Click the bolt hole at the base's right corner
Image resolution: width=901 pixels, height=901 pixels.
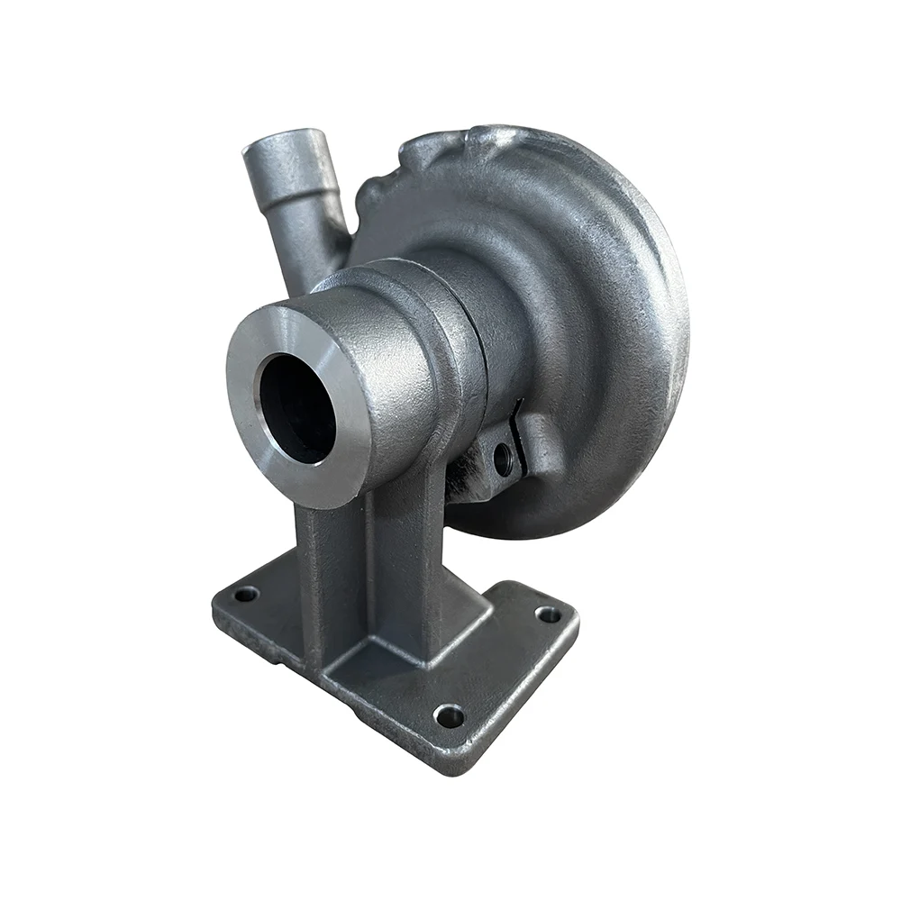point(543,614)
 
